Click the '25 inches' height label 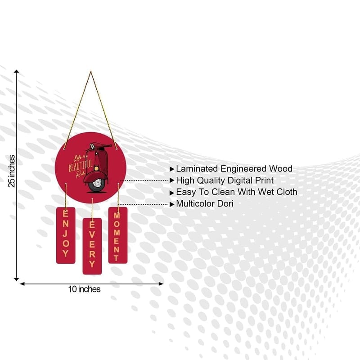click(12, 171)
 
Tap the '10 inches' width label click(84, 289)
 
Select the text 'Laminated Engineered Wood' click(234, 169)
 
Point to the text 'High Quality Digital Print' click(225, 180)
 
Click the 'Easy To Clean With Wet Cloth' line click(237, 192)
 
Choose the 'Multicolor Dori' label click(205, 204)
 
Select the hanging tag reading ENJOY click(66, 235)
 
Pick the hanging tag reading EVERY click(92, 246)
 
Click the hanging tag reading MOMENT click(118, 235)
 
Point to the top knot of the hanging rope click(91, 72)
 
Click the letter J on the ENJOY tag click(65, 234)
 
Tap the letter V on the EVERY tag click(92, 234)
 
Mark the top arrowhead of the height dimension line click(17, 71)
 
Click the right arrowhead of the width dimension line click(161, 284)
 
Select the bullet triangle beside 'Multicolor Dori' click(172, 204)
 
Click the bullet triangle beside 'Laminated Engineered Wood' click(172, 169)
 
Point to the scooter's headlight click(97, 169)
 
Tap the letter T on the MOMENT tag click(117, 258)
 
